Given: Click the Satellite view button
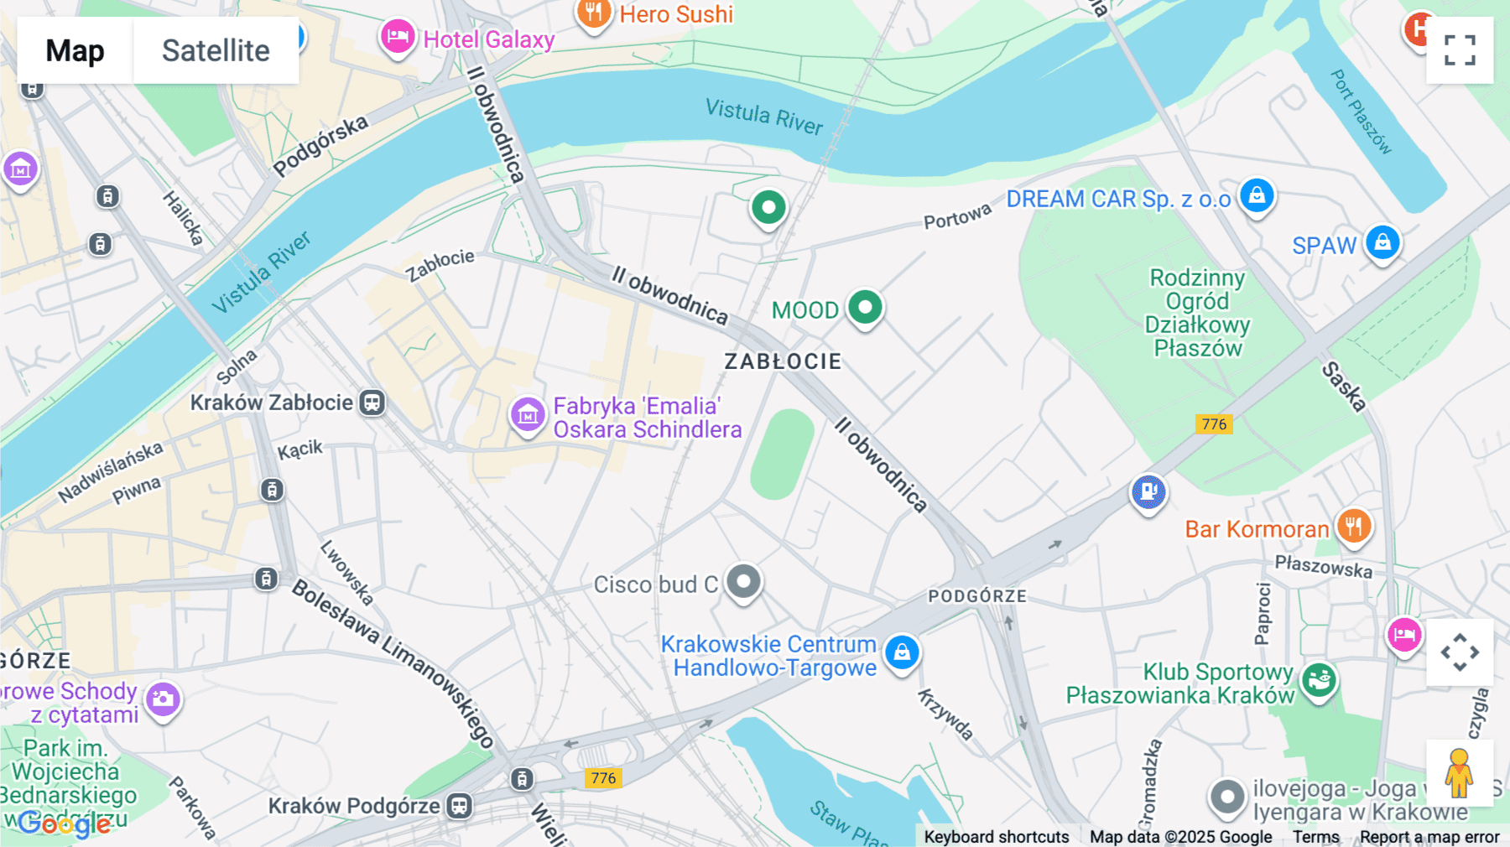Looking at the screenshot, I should [216, 50].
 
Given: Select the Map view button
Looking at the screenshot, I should [75, 50].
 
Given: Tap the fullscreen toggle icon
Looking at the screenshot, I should [1460, 50].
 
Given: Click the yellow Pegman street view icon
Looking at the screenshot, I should [1459, 772].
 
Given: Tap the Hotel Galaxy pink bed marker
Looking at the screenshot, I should [398, 37].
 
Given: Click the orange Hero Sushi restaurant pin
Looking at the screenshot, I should [594, 13].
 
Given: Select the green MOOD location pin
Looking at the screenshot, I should [865, 307].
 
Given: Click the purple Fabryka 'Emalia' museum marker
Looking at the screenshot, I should [528, 413].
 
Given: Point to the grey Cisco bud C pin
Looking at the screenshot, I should [743, 581].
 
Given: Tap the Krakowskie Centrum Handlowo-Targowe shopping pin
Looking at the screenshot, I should [902, 652].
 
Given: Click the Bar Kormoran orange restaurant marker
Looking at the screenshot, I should [1353, 527].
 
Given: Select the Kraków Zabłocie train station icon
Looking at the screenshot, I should [372, 403].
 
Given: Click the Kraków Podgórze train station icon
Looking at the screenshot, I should [459, 806].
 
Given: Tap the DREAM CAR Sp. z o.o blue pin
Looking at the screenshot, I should [1257, 195].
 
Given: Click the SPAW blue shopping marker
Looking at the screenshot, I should [1382, 243].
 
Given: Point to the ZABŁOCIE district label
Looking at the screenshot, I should [783, 361].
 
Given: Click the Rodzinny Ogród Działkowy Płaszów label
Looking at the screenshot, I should [1197, 313].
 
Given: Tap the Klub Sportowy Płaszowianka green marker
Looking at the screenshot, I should [1320, 680].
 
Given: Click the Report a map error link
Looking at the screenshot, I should [1429, 837].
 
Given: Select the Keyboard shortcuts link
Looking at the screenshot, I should [996, 837].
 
